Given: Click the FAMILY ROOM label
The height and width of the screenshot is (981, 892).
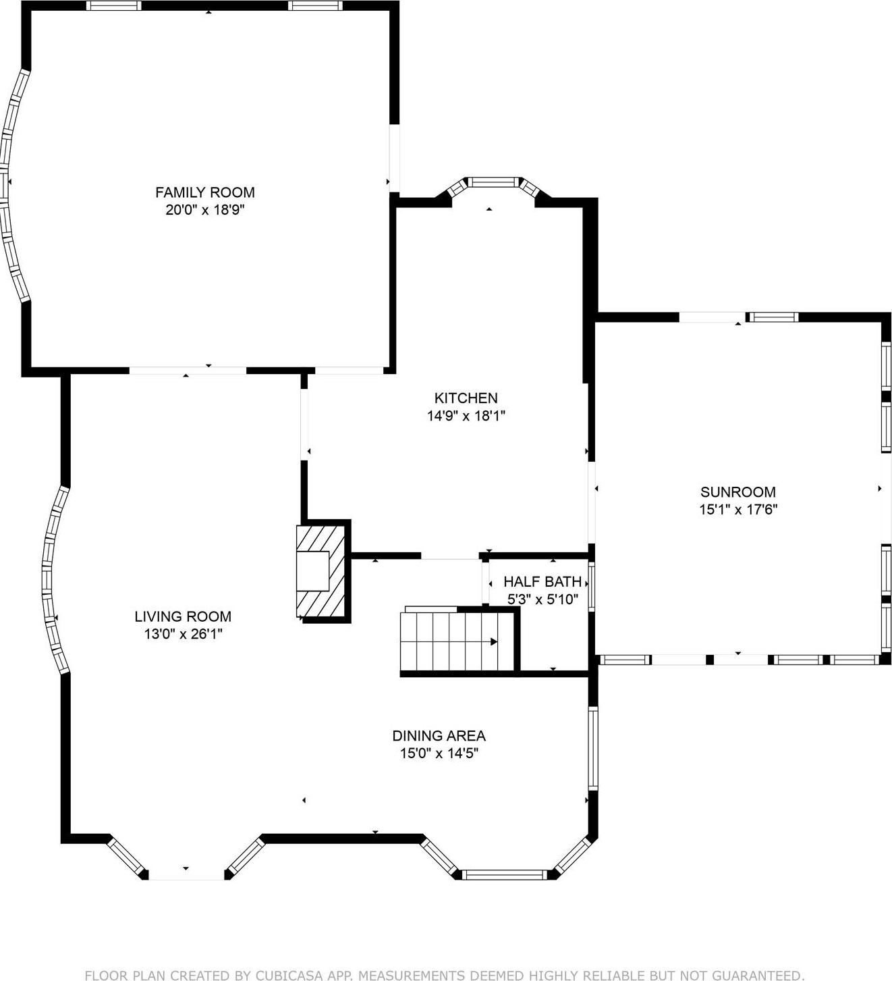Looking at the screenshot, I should point(205,192).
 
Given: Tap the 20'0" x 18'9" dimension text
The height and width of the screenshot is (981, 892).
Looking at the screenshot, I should point(205,210).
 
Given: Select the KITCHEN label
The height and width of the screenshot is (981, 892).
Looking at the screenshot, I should point(466,398).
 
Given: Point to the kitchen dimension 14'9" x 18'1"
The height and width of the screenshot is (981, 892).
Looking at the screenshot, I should point(466,416).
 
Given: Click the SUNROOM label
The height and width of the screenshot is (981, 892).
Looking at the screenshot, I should point(737,492).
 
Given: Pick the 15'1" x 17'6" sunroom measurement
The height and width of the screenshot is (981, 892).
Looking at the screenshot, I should point(738,510).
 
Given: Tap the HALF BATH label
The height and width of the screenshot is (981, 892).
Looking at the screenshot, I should point(542,581).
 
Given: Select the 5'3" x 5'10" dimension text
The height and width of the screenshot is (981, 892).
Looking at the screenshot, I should point(542,599).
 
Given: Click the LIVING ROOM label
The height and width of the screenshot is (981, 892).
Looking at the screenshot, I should point(183,616).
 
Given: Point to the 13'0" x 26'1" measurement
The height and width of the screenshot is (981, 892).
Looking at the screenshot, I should point(183,634).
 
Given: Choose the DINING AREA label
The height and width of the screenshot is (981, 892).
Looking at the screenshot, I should point(439,736).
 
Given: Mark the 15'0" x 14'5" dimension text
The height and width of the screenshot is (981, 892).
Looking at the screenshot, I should point(439,753).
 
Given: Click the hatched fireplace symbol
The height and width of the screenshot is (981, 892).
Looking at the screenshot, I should point(322,571).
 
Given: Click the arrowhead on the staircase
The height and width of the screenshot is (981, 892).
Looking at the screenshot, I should point(494,641).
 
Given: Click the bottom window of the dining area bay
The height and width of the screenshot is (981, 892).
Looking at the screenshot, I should point(505,875).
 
